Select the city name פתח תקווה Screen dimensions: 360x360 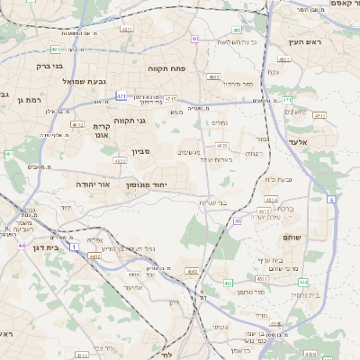click(166, 67)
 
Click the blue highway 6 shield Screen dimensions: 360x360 click(331, 199)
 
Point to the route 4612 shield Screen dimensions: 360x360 click(77, 125)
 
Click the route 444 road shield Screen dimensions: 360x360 click(303, 281)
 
